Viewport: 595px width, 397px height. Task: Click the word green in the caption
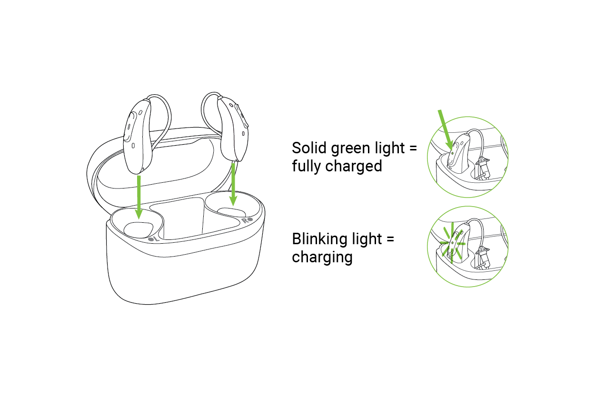click(x=347, y=149)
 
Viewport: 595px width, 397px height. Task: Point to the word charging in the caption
click(x=322, y=258)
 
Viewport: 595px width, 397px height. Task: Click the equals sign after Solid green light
click(x=412, y=148)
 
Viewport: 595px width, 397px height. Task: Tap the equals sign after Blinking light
click(x=389, y=239)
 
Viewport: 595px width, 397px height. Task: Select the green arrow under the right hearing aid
click(x=233, y=183)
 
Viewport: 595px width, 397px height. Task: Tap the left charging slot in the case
click(x=138, y=228)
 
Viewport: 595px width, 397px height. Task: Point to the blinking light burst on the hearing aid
click(x=452, y=243)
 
